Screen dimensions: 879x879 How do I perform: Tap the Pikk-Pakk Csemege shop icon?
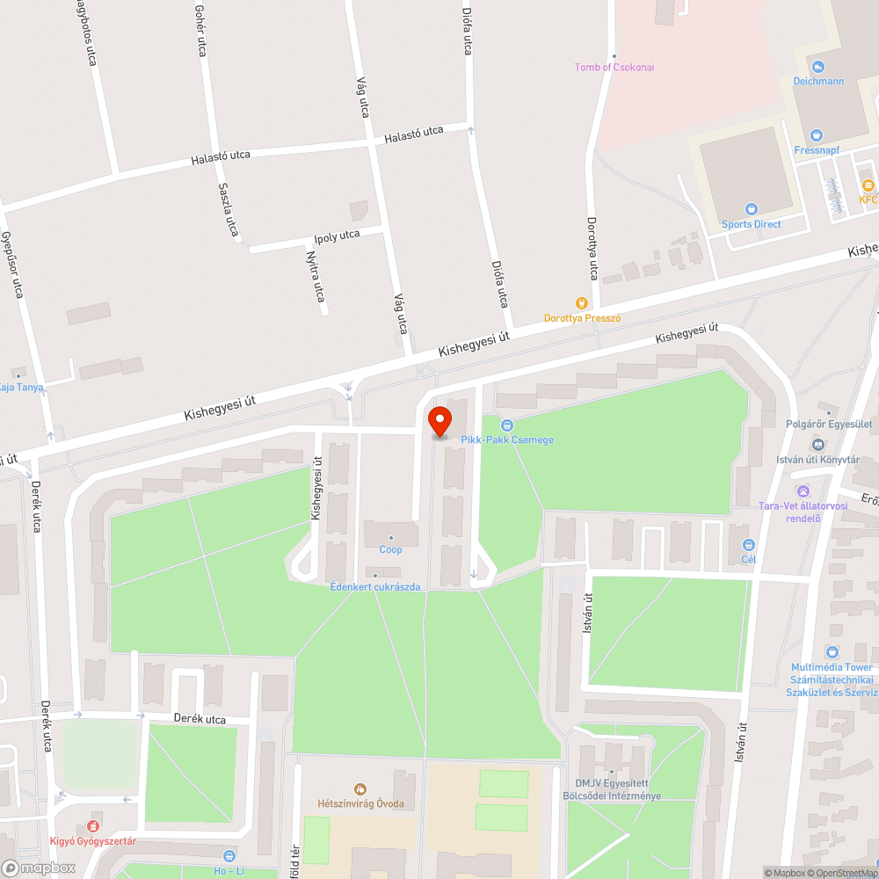[x=506, y=425]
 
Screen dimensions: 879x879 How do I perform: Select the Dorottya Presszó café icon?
[x=579, y=303]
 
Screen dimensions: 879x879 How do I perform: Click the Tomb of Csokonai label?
[x=614, y=67]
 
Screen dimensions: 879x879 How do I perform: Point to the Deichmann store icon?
[x=818, y=67]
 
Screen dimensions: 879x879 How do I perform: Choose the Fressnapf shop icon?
[x=816, y=135]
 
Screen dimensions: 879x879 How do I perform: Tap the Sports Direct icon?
[x=751, y=209]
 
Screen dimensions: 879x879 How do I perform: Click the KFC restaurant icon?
[x=868, y=185]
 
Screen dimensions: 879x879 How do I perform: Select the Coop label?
[x=390, y=549]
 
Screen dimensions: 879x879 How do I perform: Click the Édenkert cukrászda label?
[x=374, y=586]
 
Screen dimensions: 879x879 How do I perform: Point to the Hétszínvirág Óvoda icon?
[x=360, y=789]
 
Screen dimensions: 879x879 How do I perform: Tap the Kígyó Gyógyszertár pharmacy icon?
[x=92, y=826]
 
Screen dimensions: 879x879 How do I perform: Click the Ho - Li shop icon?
[x=229, y=854]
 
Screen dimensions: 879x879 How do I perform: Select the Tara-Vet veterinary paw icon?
[x=802, y=490]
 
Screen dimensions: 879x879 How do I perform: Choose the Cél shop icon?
[x=748, y=545]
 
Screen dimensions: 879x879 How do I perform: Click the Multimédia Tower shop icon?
[x=832, y=652]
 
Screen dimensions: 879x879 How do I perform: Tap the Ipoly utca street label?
[x=337, y=236]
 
